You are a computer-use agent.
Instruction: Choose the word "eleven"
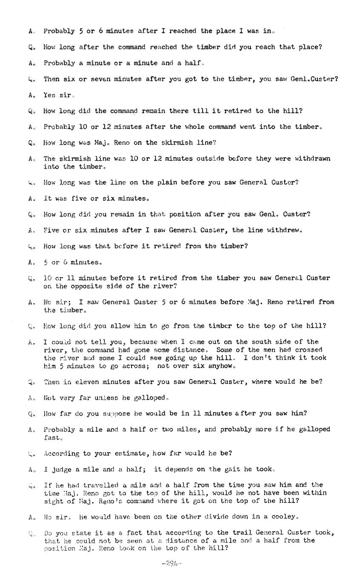(86, 382)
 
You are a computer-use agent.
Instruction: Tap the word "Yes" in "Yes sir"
(49, 95)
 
